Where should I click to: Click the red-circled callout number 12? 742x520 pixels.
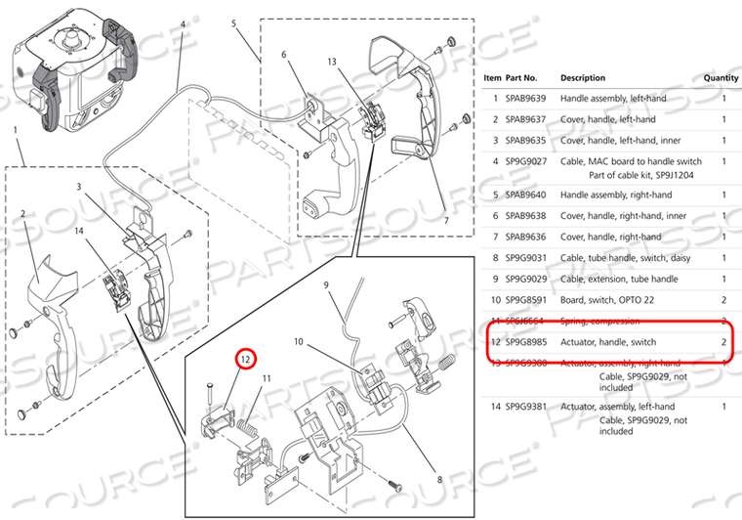point(246,360)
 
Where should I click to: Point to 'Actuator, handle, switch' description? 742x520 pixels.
point(608,342)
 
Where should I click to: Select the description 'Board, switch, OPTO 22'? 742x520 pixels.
point(607,299)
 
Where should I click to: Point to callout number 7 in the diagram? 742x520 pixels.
point(446,222)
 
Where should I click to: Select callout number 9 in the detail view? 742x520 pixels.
point(328,285)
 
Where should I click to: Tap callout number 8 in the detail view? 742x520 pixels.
point(439,479)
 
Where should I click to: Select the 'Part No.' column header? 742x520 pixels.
point(521,77)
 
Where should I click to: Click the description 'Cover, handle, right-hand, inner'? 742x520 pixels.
point(624,215)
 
